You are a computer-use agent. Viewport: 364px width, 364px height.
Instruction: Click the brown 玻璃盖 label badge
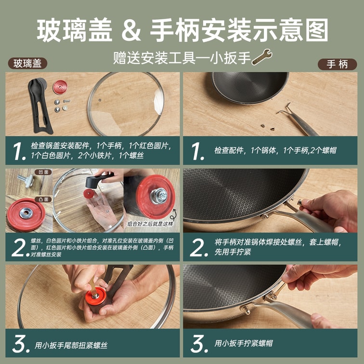coord(27,64)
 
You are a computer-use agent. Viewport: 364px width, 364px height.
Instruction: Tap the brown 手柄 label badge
coord(337,65)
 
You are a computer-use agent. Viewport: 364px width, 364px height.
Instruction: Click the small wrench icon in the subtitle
coord(261,57)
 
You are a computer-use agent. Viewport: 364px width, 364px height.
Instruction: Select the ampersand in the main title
coord(131,30)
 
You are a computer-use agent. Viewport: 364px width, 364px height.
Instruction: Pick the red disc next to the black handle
coord(60,87)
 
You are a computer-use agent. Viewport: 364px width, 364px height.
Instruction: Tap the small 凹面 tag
coord(43,172)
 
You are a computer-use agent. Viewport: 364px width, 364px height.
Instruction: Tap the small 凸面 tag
coord(43,199)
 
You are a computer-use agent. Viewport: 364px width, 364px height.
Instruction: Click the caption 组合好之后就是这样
coord(150,224)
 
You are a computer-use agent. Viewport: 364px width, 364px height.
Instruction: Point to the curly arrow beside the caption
coord(173,215)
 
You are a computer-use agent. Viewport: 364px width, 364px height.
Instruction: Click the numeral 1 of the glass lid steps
coord(19,151)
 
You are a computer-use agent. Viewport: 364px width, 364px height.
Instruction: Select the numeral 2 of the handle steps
coord(198,247)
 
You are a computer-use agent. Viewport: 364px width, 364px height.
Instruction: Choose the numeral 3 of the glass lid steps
coord(20,344)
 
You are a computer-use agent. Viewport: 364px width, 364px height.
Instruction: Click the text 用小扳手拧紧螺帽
coord(244,343)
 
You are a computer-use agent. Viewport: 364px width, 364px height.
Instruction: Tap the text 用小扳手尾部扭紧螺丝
coord(71,345)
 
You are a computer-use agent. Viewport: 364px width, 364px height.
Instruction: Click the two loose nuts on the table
coord(267,127)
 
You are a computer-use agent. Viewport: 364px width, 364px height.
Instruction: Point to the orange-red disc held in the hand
coord(95,296)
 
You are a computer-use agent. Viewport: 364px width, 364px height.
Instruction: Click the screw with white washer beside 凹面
coord(26,181)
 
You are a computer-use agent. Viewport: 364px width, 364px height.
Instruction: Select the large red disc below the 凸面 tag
coord(26,215)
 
